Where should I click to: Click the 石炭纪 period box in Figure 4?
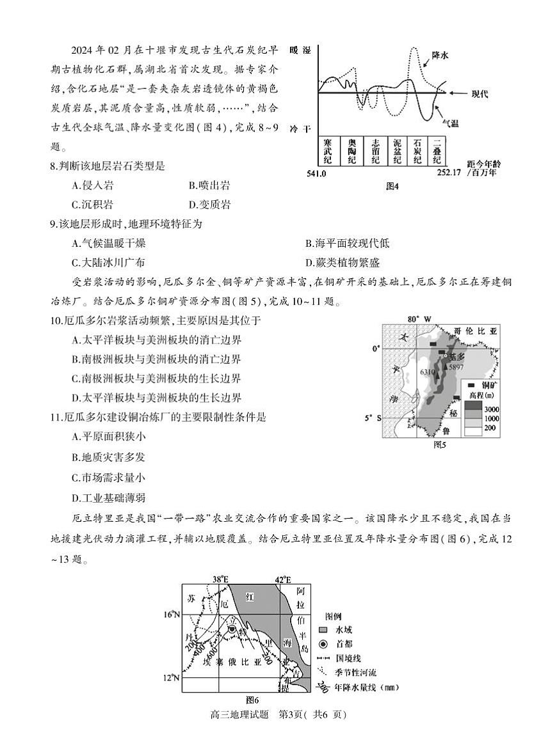tap(417, 150)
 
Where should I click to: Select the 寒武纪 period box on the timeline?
tap(327, 150)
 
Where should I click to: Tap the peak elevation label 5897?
tap(456, 368)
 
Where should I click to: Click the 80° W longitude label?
tap(420, 318)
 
